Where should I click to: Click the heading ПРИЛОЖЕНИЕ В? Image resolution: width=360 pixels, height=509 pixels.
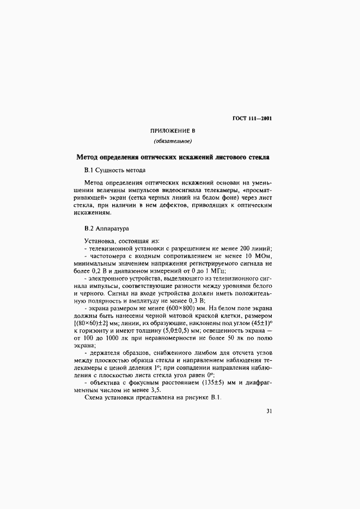coord(172,132)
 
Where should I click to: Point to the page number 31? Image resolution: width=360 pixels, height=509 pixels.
coord(269,411)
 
